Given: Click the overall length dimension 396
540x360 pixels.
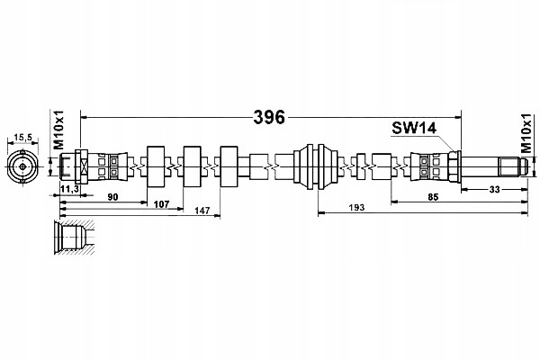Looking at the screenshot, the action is tap(269, 118).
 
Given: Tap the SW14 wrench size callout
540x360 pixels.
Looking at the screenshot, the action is tap(414, 128).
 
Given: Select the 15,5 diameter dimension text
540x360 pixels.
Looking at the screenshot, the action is tap(22, 138).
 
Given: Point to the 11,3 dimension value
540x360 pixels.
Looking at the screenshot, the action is tap(70, 188).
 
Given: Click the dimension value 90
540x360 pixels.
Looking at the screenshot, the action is tap(113, 197).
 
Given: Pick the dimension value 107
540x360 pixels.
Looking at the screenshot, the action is tap(161, 204).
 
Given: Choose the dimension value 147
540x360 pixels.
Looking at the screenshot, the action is tap(202, 211).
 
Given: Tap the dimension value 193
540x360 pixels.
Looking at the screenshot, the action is tap(356, 207).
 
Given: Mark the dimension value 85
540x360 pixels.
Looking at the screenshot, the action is tap(433, 197).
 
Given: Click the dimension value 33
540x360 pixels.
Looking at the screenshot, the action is tap(494, 189).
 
